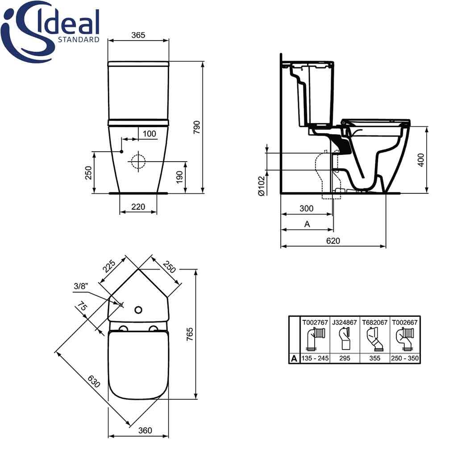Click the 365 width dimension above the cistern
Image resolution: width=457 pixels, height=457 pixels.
point(139,36)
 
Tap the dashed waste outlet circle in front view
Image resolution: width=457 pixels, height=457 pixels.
point(138,162)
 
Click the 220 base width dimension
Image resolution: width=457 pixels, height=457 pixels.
point(138,207)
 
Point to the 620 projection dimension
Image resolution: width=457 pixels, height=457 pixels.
point(332,241)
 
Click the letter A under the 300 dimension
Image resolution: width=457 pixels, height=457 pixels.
point(307,224)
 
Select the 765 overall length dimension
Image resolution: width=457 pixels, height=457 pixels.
point(189,333)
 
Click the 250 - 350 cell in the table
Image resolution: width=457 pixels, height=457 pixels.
point(405,358)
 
